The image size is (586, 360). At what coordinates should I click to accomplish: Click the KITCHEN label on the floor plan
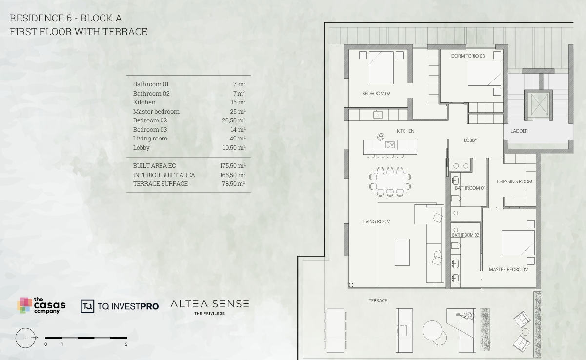click(x=405, y=131)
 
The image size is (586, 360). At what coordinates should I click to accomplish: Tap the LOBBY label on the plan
click(x=470, y=140)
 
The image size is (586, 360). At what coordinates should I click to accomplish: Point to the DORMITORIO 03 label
click(x=468, y=56)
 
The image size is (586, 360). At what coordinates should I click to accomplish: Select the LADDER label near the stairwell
click(x=519, y=131)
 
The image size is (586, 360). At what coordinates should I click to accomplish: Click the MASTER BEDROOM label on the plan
click(x=508, y=270)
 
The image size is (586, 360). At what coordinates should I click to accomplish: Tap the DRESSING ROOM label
click(x=514, y=182)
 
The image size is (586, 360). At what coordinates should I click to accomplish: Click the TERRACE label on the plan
click(x=378, y=301)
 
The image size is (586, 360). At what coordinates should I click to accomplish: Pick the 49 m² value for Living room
click(x=238, y=139)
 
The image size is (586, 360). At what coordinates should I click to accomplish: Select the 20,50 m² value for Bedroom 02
click(x=234, y=120)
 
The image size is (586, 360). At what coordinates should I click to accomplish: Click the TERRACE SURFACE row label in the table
click(x=161, y=184)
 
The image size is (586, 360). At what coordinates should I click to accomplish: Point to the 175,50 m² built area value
click(x=233, y=166)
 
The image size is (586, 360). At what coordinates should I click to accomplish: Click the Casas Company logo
click(x=41, y=305)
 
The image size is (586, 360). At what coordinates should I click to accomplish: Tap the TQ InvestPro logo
click(x=120, y=306)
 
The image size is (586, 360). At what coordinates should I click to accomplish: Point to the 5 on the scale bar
click(x=126, y=344)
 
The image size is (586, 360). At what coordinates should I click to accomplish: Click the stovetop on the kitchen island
click(x=390, y=145)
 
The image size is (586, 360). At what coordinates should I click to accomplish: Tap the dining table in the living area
click(x=390, y=182)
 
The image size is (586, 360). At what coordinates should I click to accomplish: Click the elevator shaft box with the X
click(x=540, y=104)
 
